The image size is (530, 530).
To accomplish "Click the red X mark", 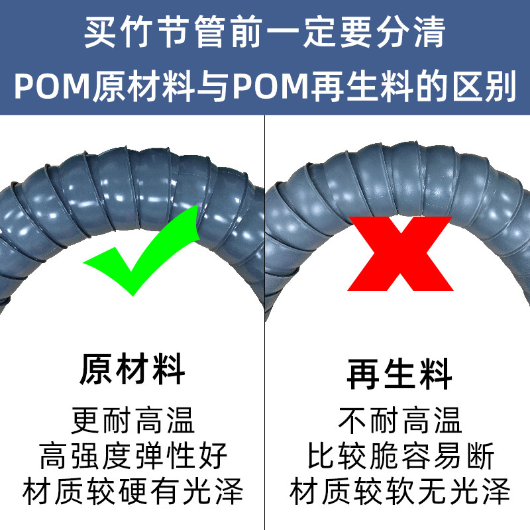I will coord(400,253).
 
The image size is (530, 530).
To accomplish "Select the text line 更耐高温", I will coord(132,420).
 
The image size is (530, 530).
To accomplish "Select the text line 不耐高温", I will coord(399,420).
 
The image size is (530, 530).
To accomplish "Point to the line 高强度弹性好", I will coord(132,456).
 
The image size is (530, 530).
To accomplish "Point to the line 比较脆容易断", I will coord(399,456).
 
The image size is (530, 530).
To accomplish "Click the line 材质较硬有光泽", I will coord(132,492).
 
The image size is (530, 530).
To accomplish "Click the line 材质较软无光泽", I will coord(399,492).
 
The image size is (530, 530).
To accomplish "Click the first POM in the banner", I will coord(47,88).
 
